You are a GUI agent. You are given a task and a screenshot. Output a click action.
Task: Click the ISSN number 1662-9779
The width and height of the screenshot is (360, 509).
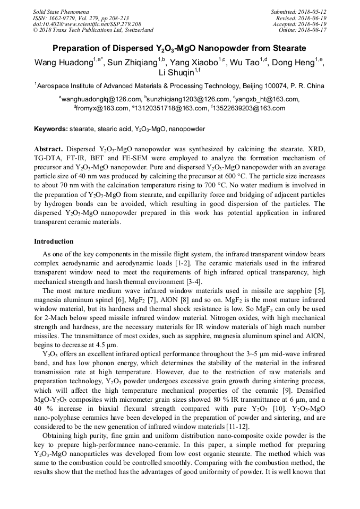[x=62, y=18]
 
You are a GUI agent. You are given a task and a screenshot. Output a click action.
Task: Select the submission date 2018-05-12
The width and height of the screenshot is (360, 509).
[x=311, y=12]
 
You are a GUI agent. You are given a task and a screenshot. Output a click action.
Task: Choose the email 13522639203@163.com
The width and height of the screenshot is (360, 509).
[x=250, y=108]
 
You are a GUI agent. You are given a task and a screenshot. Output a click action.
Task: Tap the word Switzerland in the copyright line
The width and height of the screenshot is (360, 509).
[x=138, y=30]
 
